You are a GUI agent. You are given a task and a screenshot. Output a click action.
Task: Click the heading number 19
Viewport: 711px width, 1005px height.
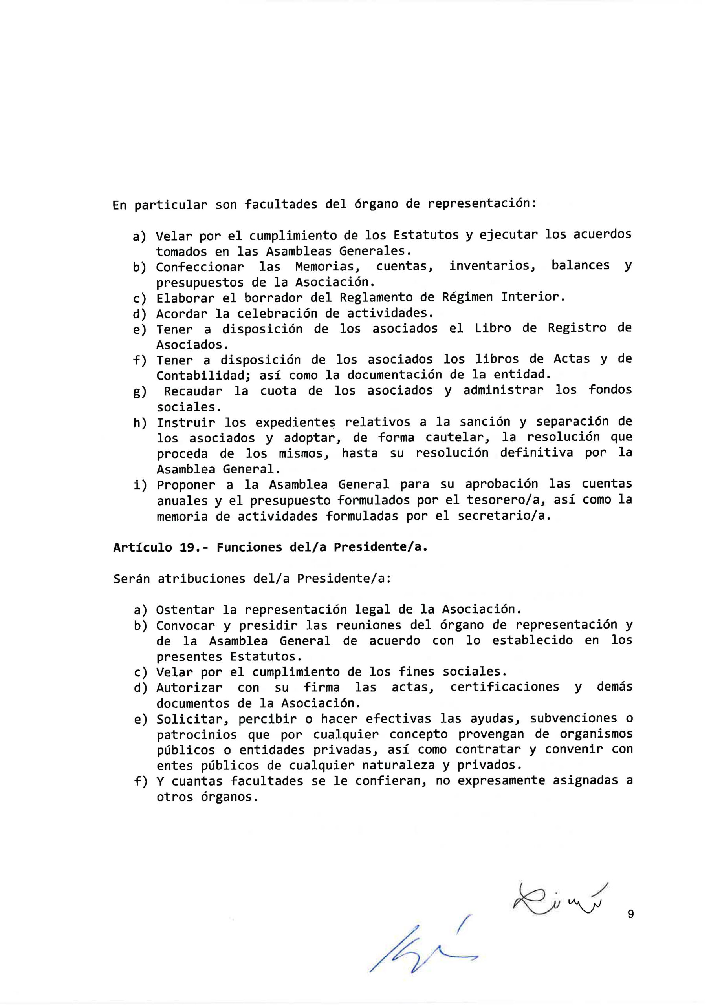(x=187, y=548)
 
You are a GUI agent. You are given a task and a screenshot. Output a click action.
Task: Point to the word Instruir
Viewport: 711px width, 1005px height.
(x=186, y=423)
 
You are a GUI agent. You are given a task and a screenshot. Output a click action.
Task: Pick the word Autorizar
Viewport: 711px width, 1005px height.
(x=189, y=688)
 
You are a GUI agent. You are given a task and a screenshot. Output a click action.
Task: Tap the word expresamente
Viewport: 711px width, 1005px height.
(x=501, y=781)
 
